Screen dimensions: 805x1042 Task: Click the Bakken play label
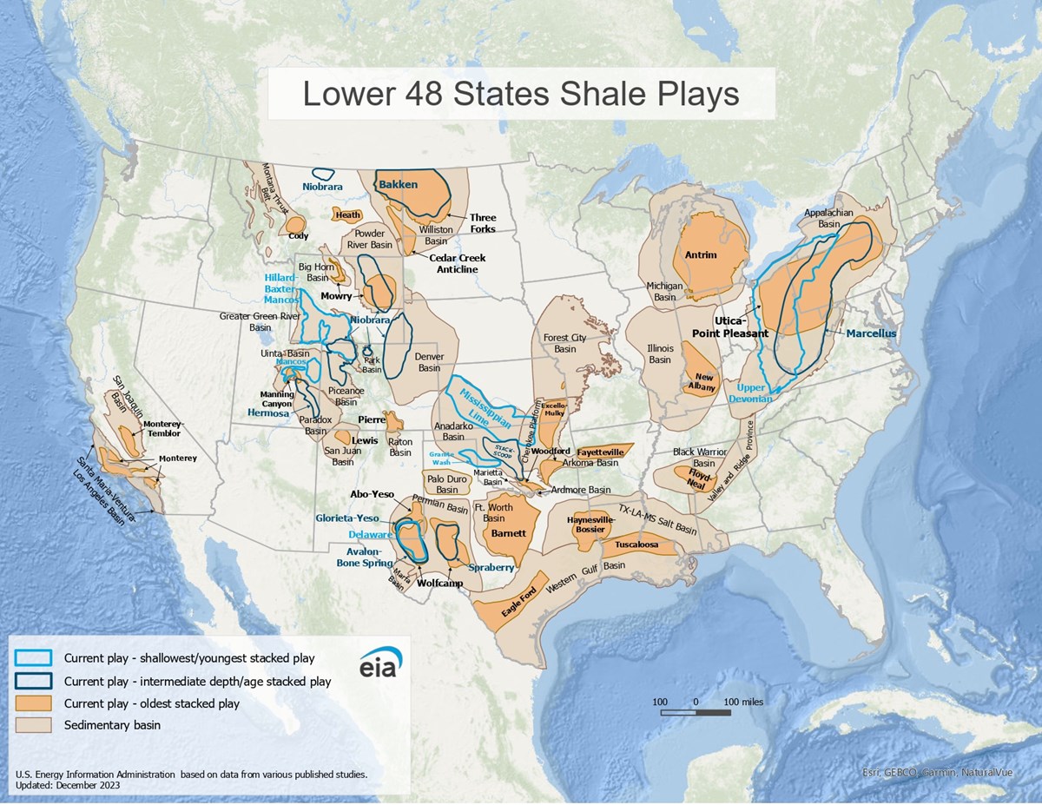click(398, 185)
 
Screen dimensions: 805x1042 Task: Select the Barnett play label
click(508, 533)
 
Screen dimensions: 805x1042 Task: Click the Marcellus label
click(871, 333)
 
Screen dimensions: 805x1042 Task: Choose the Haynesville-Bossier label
click(590, 525)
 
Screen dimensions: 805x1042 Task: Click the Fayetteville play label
click(600, 452)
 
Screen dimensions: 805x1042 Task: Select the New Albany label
click(704, 383)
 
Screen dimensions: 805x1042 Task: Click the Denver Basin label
click(429, 362)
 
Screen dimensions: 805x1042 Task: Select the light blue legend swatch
click(34, 658)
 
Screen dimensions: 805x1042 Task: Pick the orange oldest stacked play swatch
click(34, 703)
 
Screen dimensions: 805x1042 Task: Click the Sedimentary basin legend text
click(112, 724)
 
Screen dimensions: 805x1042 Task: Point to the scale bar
click(695, 713)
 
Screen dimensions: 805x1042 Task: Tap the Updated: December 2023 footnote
click(68, 785)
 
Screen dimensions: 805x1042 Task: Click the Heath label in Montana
click(348, 214)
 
